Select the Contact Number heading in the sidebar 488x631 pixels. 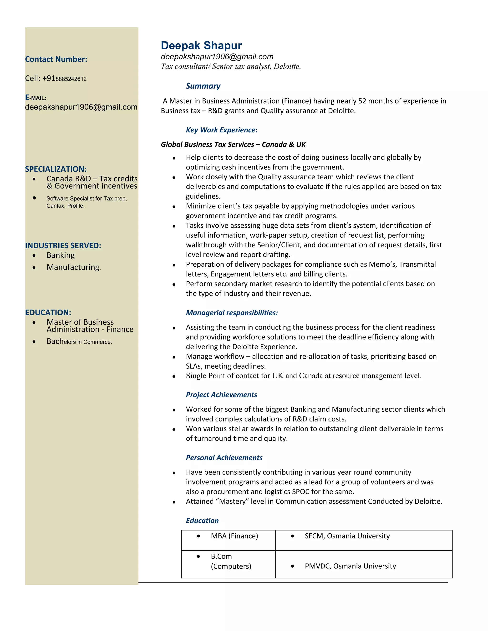click(x=56, y=59)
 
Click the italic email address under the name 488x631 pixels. click(x=217, y=57)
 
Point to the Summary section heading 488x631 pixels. click(x=203, y=86)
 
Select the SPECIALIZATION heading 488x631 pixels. click(x=56, y=169)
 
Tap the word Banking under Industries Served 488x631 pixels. click(x=61, y=255)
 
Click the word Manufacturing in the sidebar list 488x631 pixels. click(x=73, y=267)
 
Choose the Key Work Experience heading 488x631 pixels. click(x=221, y=130)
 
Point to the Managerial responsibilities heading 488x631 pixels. click(x=232, y=313)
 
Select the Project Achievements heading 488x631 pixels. click(x=221, y=395)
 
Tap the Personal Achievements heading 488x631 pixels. click(x=224, y=458)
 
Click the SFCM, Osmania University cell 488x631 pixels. click(x=347, y=536)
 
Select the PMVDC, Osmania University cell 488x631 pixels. click(x=350, y=566)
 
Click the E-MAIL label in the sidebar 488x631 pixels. click(x=36, y=98)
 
